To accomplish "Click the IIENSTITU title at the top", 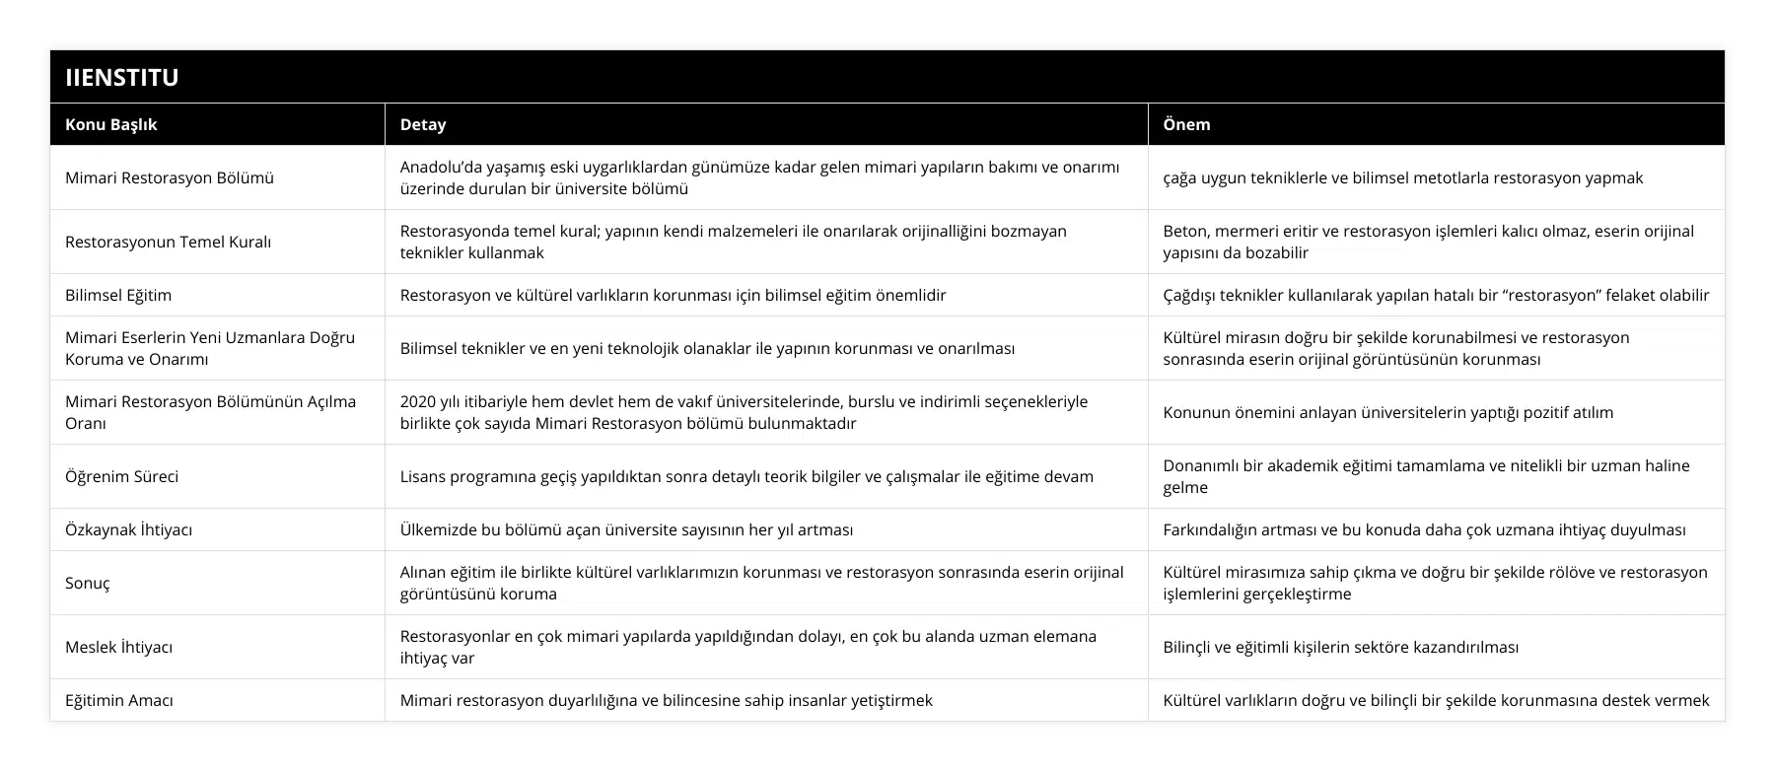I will [121, 77].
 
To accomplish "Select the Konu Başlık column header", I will [110, 124].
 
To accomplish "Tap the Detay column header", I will [423, 124].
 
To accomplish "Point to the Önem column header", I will [1186, 124].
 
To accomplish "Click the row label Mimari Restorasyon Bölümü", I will [170, 177].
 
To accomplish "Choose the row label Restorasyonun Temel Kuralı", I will [168, 242].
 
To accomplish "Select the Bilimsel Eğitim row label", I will [118, 295].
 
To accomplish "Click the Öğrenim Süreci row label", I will [122, 476].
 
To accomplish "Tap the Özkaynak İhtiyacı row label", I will [128, 529].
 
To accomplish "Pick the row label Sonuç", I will [88, 583].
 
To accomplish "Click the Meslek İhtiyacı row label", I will [118, 647].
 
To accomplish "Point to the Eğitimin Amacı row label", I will [119, 700].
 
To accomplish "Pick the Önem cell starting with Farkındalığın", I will [1424, 529].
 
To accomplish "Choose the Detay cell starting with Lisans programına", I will [746, 476].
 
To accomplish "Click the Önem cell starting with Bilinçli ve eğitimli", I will [1340, 647].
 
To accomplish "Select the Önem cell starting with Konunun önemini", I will [1387, 412].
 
